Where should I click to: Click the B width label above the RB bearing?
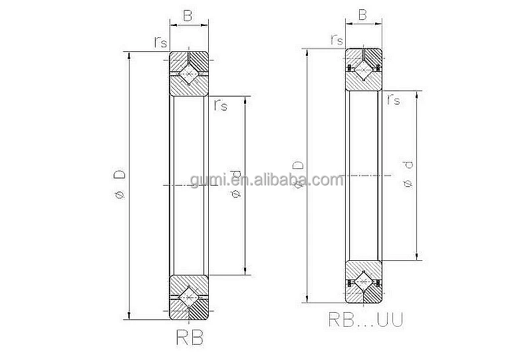pos(188,15)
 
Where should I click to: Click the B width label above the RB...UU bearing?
pos(363,14)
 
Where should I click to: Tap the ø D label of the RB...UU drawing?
pos(299,174)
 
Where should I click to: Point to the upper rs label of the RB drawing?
pos(160,42)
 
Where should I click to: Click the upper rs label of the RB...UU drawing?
pos(336,39)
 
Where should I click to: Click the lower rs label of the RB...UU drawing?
pos(393,98)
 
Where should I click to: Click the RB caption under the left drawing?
pos(189,336)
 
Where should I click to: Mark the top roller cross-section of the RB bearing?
pos(189,73)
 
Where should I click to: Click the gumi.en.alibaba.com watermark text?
pos(266,180)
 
